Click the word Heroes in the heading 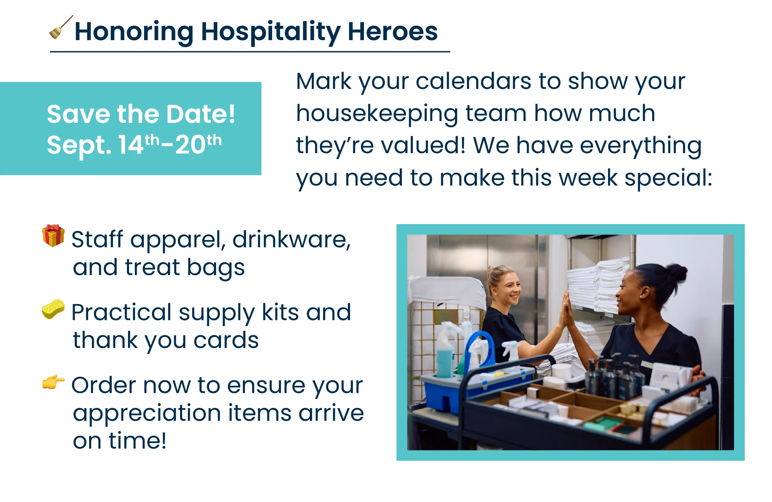393,32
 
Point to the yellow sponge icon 53,309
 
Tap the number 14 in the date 131,144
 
